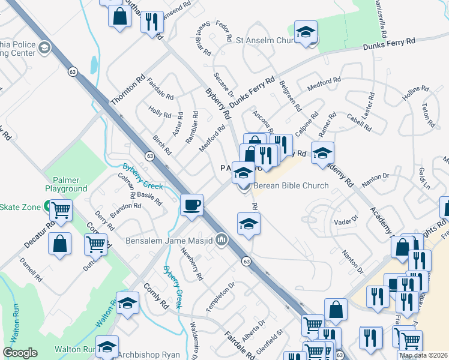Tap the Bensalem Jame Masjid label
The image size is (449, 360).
point(170,241)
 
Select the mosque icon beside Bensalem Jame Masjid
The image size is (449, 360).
point(221,241)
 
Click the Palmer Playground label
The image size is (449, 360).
point(66,184)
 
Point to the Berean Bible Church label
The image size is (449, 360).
point(291,186)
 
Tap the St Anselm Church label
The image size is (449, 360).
point(264,41)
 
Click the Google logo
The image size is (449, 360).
point(20,353)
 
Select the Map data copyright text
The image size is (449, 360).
point(423,355)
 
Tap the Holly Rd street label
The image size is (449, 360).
point(160,112)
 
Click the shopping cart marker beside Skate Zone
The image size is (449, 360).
point(61,211)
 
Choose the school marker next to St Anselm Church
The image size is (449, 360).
point(306,32)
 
